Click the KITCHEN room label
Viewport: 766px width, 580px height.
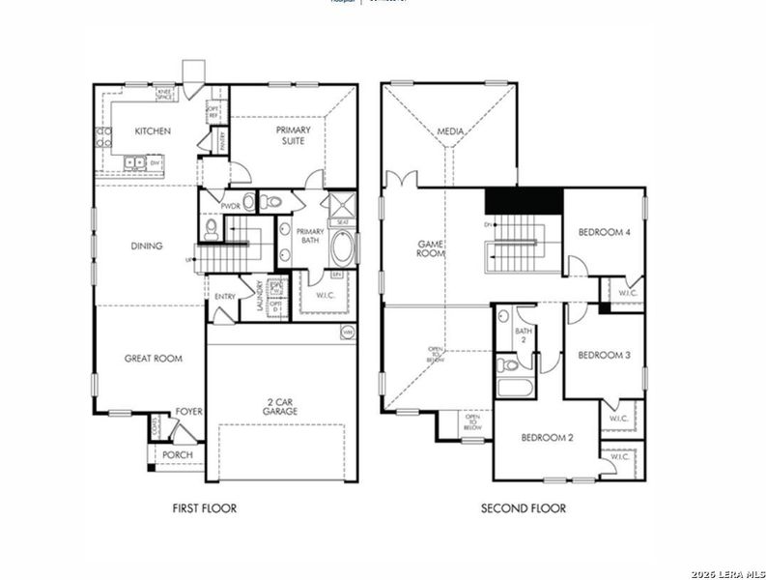[x=153, y=131]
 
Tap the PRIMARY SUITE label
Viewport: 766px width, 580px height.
[x=293, y=135]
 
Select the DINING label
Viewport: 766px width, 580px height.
[x=147, y=246]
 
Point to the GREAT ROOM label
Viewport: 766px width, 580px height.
[x=153, y=359]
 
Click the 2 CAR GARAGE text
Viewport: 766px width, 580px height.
[x=280, y=406]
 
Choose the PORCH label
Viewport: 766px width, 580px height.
[x=178, y=454]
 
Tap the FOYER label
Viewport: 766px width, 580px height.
[x=188, y=412]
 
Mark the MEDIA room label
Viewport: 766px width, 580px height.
[x=450, y=131]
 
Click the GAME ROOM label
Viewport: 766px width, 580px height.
[x=430, y=249]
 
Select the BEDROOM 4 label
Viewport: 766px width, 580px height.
[x=604, y=232]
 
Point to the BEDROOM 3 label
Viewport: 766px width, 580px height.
[x=604, y=356]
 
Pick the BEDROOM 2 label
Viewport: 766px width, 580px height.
[x=548, y=438]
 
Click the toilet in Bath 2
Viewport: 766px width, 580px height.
[x=507, y=365]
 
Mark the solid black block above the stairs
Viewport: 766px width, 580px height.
[x=523, y=200]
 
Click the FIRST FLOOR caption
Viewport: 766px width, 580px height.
[x=204, y=508]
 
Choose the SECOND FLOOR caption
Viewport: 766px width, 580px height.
[x=524, y=508]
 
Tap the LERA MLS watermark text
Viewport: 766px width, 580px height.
[x=729, y=573]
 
